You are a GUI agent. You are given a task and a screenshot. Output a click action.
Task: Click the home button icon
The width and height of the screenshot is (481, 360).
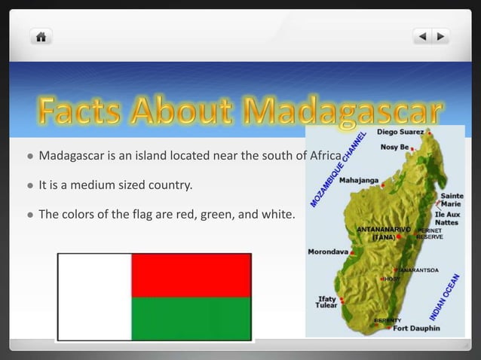point(41,36)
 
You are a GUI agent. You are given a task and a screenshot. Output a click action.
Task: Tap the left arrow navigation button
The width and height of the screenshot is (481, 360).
point(422,36)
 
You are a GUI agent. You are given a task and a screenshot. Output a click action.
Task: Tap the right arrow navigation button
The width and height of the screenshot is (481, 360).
point(440,36)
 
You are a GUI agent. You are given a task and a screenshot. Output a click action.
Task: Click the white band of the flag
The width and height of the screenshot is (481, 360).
point(94,297)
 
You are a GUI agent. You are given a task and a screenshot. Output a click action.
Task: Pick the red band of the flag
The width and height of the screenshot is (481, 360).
point(191,275)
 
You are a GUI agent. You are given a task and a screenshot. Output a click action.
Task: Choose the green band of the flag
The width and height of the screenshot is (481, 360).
point(191,319)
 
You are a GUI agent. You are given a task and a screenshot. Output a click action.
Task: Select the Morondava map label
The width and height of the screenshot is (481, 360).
point(328,252)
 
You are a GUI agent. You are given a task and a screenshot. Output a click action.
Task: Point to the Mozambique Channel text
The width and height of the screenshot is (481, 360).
point(339,169)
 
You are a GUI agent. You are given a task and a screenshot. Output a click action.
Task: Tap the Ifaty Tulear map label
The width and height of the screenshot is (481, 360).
point(326,302)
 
